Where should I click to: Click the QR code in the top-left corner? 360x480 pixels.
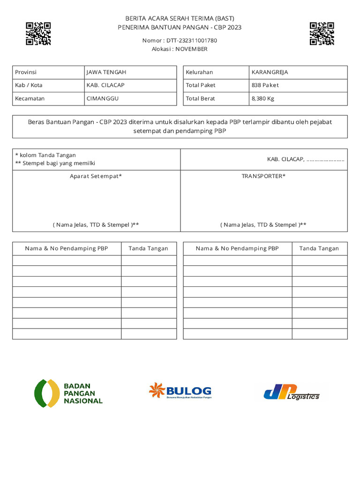point(38,33)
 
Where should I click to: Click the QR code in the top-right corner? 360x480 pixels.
point(322,33)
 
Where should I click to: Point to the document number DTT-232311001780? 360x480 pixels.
point(191,40)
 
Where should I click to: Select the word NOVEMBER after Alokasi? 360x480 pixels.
point(191,49)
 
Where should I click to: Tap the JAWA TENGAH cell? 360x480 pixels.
point(106,72)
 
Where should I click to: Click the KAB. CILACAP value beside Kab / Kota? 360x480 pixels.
point(105,85)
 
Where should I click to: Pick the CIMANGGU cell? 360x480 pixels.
point(103,98)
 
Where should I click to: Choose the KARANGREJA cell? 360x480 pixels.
point(270,72)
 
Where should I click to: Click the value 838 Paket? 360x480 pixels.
point(265,85)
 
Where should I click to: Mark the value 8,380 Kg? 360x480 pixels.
point(263,98)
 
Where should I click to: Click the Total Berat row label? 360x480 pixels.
point(200,98)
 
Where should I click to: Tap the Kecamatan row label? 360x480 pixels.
point(30,98)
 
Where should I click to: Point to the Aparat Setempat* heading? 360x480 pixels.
point(96,176)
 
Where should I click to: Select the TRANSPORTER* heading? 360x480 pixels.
point(263,176)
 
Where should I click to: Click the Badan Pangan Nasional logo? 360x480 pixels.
point(68,393)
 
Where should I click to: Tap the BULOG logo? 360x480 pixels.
point(180,391)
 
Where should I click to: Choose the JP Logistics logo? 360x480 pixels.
point(292,392)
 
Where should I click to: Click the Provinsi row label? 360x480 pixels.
point(26,72)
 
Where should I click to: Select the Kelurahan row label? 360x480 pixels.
point(199,72)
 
